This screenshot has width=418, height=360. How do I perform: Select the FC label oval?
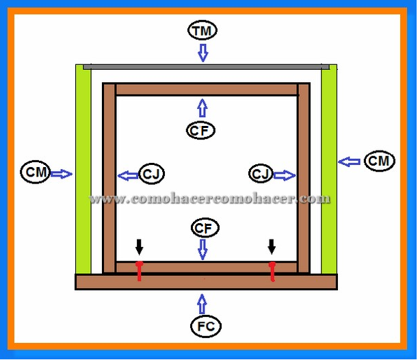point(202,326)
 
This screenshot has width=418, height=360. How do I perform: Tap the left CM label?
point(35,172)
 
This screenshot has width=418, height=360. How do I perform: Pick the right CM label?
point(378,161)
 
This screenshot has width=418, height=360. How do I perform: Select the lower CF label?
point(202,227)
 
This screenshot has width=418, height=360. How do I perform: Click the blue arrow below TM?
point(202,52)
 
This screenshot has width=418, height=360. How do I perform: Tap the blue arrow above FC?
point(202,302)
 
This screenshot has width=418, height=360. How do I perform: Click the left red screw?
point(139,272)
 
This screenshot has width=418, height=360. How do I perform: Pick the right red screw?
point(272,272)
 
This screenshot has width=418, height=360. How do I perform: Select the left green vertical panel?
point(83,171)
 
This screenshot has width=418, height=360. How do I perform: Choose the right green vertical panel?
point(328,171)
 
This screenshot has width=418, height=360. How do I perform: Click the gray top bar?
point(205,67)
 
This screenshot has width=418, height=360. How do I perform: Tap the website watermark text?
point(210,199)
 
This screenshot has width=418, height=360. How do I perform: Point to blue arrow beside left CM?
point(62,174)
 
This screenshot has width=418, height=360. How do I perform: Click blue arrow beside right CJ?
point(285,176)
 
